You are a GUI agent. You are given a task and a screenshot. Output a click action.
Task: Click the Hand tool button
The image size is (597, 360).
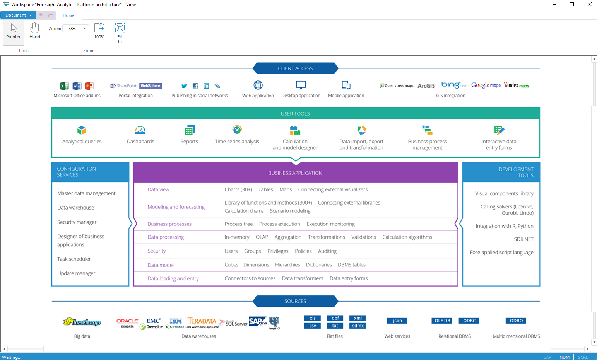tap(34, 31)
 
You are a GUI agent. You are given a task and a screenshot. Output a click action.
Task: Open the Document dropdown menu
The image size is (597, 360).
tap(18, 15)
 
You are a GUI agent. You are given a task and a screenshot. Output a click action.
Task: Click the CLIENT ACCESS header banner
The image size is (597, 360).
tap(295, 68)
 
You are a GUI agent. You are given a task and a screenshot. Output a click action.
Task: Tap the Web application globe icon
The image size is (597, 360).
tap(258, 85)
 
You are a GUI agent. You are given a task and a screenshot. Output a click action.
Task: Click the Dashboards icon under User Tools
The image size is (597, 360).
tap(140, 130)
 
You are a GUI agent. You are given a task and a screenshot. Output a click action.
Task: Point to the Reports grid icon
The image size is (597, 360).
tap(189, 130)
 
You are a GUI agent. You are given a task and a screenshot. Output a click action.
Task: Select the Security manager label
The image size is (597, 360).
tap(77, 222)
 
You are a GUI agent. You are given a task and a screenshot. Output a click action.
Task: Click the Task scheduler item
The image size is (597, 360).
tap(74, 259)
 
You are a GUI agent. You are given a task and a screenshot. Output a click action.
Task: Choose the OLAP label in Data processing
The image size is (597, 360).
tap(262, 237)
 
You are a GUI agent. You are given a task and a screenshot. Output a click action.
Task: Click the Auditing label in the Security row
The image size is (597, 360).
tap(327, 251)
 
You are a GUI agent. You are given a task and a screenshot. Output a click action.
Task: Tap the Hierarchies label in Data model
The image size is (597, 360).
tap(287, 265)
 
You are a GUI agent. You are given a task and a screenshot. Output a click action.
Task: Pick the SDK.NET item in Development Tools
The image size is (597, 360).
tap(523, 239)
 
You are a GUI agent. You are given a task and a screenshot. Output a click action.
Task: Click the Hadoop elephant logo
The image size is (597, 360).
tap(82, 322)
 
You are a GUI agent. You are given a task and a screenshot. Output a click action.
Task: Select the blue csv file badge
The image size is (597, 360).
tap(313, 326)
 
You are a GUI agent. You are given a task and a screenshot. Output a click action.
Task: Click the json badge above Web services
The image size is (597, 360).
tap(397, 321)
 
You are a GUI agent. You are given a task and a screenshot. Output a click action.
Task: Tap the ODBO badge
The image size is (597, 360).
tap(516, 321)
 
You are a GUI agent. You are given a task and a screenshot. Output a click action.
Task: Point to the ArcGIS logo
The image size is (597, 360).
tap(426, 86)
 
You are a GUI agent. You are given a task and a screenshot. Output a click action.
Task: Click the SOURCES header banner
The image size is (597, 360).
tap(295, 301)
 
